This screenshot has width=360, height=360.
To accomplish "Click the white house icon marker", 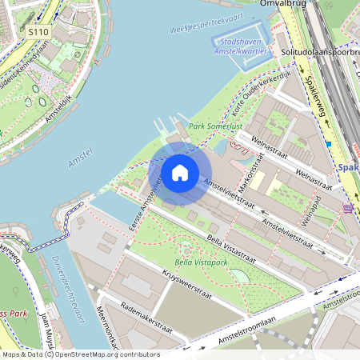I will click(x=180, y=172).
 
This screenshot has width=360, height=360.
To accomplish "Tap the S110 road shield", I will click(x=38, y=31).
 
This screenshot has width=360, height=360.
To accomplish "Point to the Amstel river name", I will click(x=81, y=157).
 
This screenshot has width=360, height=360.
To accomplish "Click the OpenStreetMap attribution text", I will click(x=80, y=354).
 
